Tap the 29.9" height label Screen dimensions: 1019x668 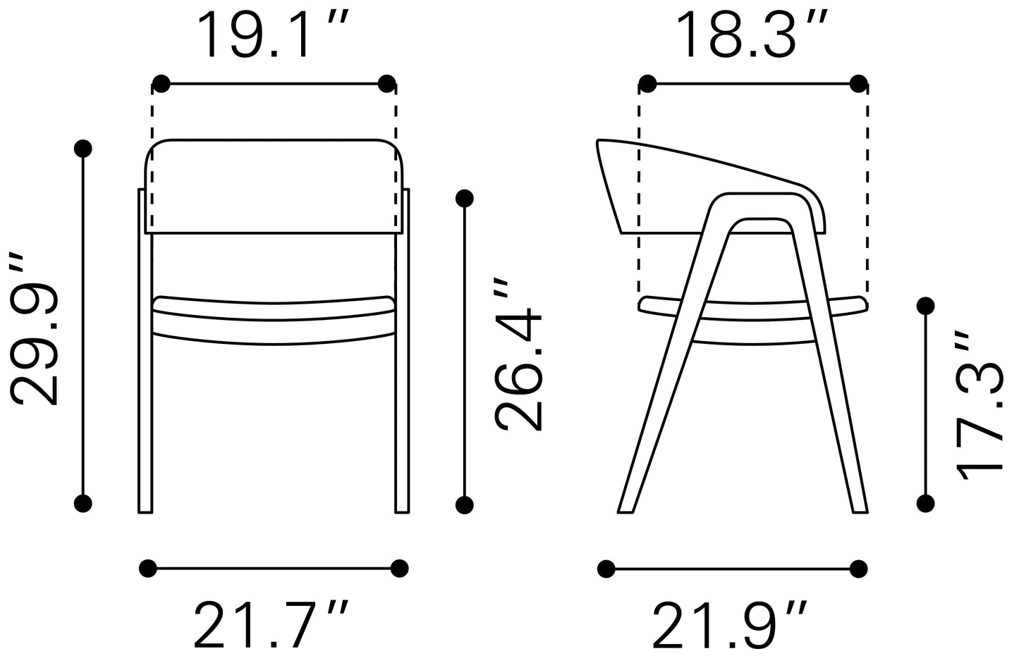34,330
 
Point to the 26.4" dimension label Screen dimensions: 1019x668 518,355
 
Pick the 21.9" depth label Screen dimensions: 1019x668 729,625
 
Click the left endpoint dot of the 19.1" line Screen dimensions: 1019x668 161,84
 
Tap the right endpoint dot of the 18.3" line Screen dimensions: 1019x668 858,84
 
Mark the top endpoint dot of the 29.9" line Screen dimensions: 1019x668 83,149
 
